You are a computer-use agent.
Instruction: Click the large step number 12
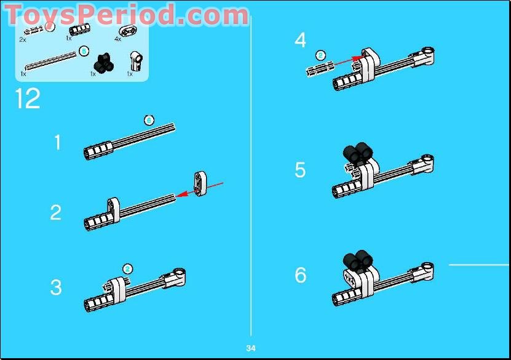pyautogui.click(x=28, y=98)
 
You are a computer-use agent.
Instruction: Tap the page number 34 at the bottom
pyautogui.click(x=251, y=348)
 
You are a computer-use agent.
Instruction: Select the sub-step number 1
pyautogui.click(x=58, y=143)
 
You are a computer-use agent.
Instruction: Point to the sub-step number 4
pyautogui.click(x=300, y=41)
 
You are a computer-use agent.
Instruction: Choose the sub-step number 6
pyautogui.click(x=300, y=275)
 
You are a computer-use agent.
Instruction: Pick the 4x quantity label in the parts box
pyautogui.click(x=118, y=39)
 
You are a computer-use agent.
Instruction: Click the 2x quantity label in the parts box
pyautogui.click(x=23, y=39)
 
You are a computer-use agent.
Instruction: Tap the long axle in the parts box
pyautogui.click(x=52, y=61)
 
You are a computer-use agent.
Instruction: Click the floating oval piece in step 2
pyautogui.click(x=200, y=183)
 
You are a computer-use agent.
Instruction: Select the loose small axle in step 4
pyautogui.click(x=320, y=68)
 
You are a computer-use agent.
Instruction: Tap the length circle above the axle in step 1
pyautogui.click(x=149, y=120)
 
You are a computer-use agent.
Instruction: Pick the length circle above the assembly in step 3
pyautogui.click(x=127, y=268)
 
